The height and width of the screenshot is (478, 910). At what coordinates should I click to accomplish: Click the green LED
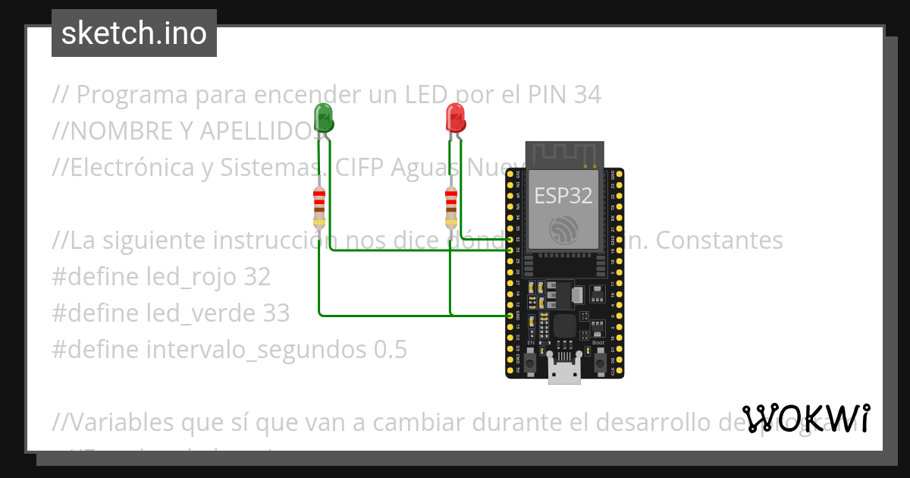[323, 118]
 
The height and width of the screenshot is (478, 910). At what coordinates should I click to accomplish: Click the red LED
[455, 118]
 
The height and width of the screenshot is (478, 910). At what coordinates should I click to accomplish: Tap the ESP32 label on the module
[563, 195]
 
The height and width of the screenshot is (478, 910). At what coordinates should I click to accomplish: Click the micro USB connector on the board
[565, 373]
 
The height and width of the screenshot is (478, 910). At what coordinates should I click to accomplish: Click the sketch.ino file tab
[134, 33]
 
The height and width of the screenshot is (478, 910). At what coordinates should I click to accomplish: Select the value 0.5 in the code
[389, 350]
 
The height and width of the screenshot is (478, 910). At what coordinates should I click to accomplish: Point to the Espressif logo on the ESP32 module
[565, 228]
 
